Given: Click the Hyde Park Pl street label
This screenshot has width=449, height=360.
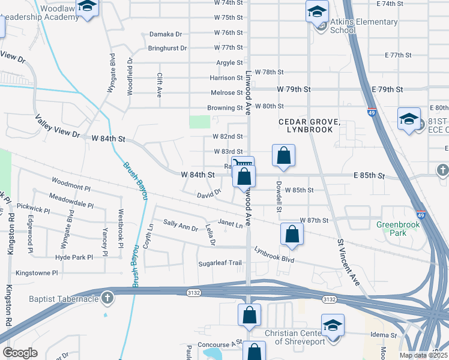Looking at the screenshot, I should pyautogui.click(x=74, y=257).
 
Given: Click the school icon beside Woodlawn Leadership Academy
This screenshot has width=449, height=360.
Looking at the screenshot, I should pyautogui.click(x=88, y=7).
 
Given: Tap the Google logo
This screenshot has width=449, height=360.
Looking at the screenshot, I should pyautogui.click(x=20, y=353).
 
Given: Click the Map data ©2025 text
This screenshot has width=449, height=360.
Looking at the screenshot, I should pyautogui.click(x=423, y=355).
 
